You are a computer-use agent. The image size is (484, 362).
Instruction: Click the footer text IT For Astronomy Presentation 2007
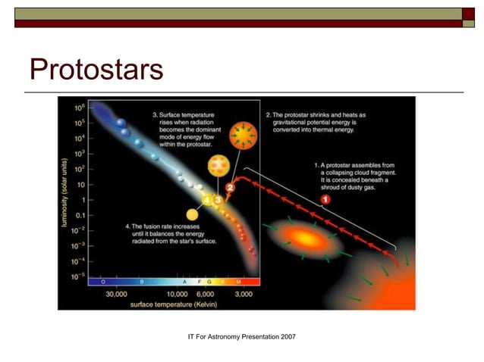click(x=241, y=335)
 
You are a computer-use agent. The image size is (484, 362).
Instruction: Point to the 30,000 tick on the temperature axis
click(x=115, y=293)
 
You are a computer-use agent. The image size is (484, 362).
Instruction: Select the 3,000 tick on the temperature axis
click(x=244, y=293)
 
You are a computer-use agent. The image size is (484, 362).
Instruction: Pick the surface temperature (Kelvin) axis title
click(x=178, y=304)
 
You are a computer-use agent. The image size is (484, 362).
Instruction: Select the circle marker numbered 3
click(x=217, y=199)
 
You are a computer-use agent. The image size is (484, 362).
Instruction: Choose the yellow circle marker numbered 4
click(x=206, y=199)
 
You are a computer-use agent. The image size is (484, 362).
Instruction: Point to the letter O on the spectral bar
click(x=102, y=281)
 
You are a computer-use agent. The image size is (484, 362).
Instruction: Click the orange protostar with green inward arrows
click(x=243, y=136)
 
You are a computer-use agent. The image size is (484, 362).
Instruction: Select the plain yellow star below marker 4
click(x=193, y=215)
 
